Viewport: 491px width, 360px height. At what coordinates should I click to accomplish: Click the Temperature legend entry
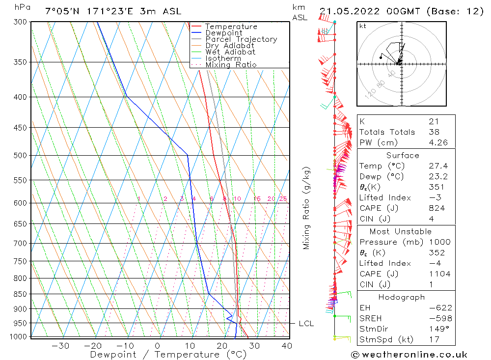[x=231, y=27]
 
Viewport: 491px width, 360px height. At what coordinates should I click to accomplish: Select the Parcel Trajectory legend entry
[x=241, y=39]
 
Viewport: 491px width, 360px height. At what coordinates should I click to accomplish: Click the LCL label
[x=306, y=324]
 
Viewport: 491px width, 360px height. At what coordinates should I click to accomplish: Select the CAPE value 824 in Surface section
[x=436, y=208]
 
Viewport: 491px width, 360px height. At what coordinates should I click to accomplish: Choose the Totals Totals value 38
[x=434, y=132]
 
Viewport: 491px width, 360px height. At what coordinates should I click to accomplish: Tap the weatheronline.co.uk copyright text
[x=409, y=355]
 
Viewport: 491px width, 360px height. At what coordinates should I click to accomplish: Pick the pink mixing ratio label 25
[x=283, y=199]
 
